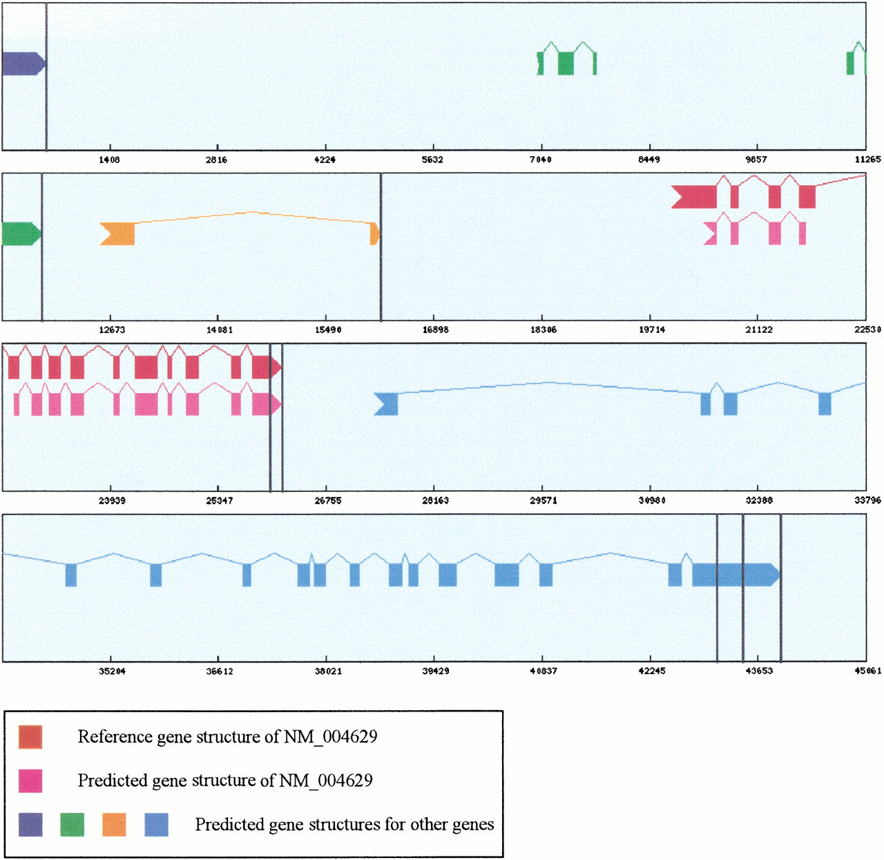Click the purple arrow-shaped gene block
tap(23, 64)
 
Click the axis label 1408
tap(109, 160)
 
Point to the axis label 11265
tap(867, 160)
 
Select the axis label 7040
tap(541, 160)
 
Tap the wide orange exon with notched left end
tap(117, 234)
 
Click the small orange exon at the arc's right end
tap(375, 234)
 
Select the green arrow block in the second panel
tap(21, 234)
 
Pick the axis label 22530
tap(867, 329)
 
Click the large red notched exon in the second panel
tap(694, 197)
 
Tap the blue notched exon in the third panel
tap(386, 404)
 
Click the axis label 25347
tap(219, 501)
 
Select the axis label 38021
tap(328, 671)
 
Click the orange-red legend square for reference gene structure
tap(30, 737)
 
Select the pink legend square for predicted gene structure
tap(30, 781)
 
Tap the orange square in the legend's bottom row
tap(114, 825)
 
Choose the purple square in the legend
tap(30, 825)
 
